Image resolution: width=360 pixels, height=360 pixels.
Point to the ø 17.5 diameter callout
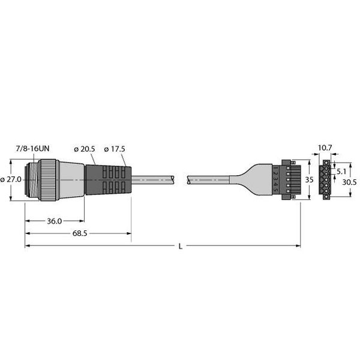(115, 149)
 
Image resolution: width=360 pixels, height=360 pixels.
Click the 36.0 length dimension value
(55, 221)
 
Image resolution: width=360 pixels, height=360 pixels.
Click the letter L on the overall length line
(181, 246)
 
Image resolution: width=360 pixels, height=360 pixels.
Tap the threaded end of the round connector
(31, 179)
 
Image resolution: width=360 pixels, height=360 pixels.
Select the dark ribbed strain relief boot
(108, 179)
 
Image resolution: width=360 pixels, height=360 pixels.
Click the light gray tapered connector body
(71, 179)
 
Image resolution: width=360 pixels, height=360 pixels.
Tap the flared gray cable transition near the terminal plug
(246, 179)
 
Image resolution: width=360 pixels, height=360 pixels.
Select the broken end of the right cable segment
(190, 179)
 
